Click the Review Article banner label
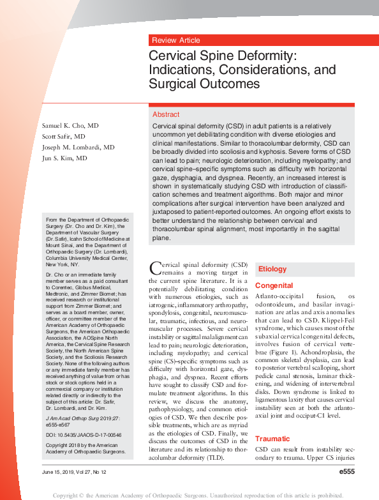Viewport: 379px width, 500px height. pos(175,40)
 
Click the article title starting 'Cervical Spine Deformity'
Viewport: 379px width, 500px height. pos(223,70)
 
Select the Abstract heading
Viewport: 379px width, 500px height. pos(166,114)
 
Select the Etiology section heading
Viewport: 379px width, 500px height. pos(272,269)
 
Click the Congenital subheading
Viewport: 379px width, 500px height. pos(274,285)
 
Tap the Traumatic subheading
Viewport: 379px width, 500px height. pos(272,439)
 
